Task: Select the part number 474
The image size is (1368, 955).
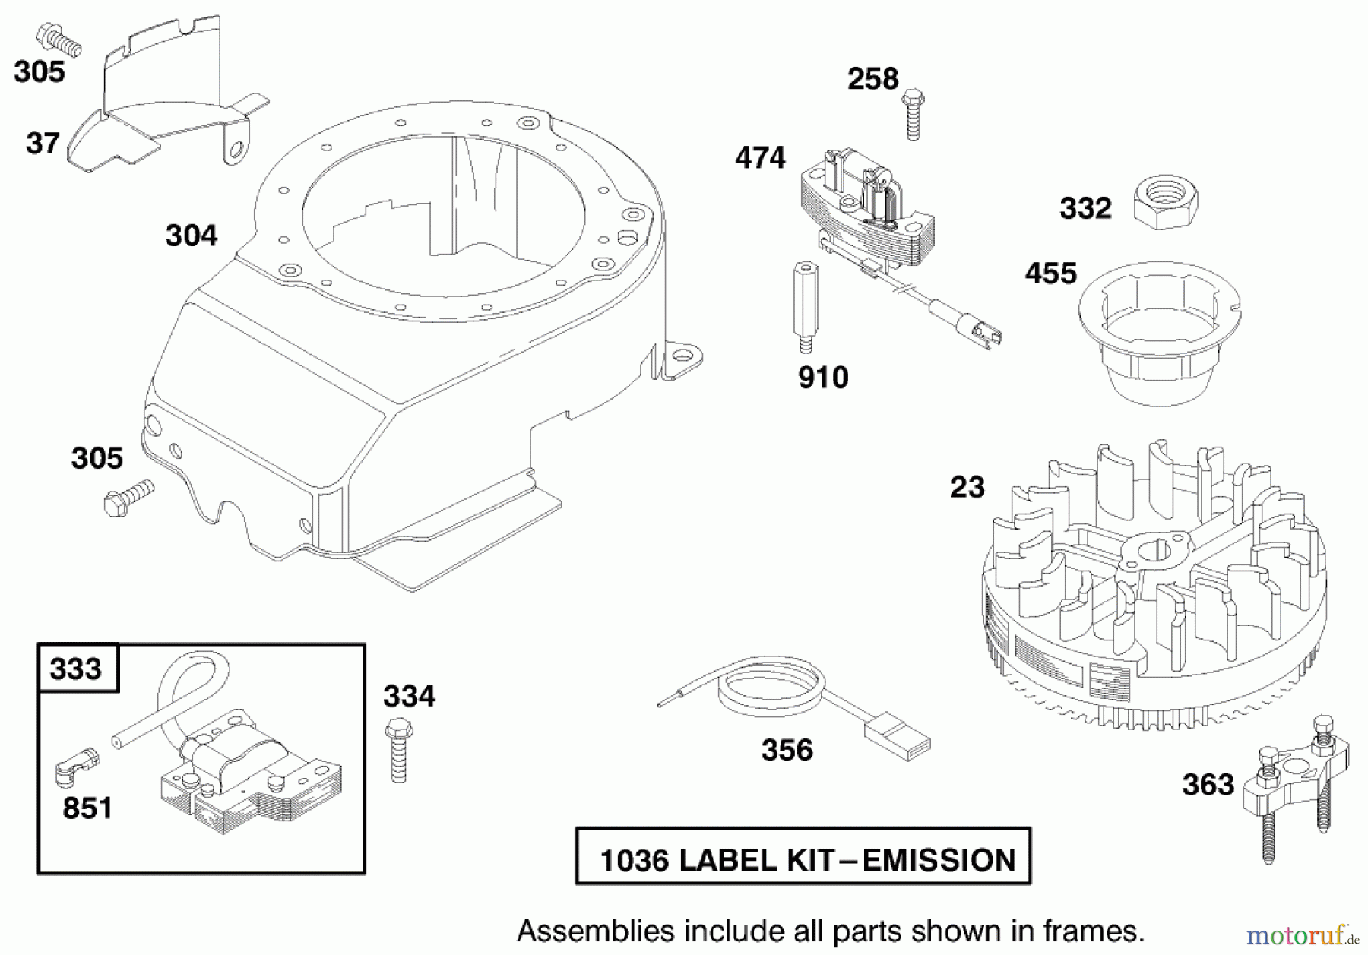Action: tap(759, 158)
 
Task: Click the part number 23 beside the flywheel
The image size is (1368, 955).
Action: tap(967, 487)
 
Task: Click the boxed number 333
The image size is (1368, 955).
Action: tap(76, 669)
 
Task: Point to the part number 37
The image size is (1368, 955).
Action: tap(43, 143)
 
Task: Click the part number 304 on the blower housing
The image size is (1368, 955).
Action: tap(191, 236)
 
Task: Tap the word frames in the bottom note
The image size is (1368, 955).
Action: tap(1092, 931)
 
